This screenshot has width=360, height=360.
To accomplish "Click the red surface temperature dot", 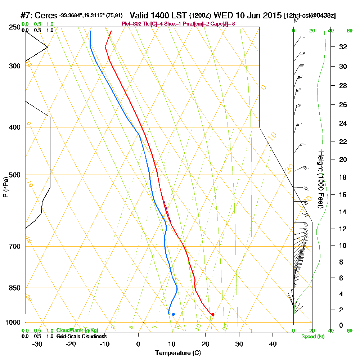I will [213, 314].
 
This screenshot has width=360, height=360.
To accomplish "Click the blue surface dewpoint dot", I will [174, 314].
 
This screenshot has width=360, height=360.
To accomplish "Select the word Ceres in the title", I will [45, 16].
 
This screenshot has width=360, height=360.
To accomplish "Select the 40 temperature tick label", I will [273, 344].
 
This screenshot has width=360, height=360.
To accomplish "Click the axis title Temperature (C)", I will [178, 353].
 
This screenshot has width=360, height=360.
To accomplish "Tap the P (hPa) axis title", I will [6, 187].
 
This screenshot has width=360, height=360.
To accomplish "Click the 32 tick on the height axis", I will [343, 47].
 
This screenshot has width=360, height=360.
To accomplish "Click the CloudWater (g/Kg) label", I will [77, 330].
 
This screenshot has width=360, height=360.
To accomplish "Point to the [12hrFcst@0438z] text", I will [310, 16].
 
